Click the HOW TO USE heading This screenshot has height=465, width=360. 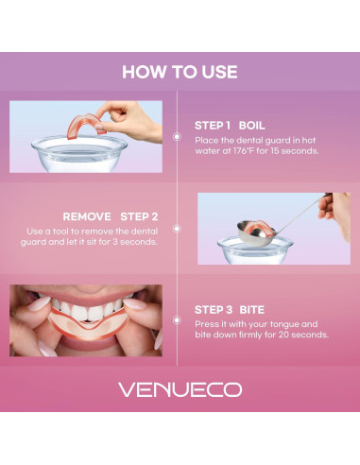point(180,72)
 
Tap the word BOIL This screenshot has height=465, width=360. point(251,126)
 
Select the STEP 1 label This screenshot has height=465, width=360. point(213,126)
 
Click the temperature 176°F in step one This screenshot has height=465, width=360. point(244,151)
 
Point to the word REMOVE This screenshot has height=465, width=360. point(87,216)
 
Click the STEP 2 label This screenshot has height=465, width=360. point(139,216)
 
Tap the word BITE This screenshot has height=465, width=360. point(251,310)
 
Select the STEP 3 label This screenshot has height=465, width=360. point(214,310)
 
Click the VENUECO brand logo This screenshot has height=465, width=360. point(180,389)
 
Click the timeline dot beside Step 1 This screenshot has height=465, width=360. point(177,136)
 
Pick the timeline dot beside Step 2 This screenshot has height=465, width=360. point(177,229)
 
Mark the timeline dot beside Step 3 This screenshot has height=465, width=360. point(177,320)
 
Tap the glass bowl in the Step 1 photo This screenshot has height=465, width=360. point(79,154)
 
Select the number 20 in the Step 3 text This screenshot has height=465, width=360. point(283,335)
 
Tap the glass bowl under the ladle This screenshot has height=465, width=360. point(255,251)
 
